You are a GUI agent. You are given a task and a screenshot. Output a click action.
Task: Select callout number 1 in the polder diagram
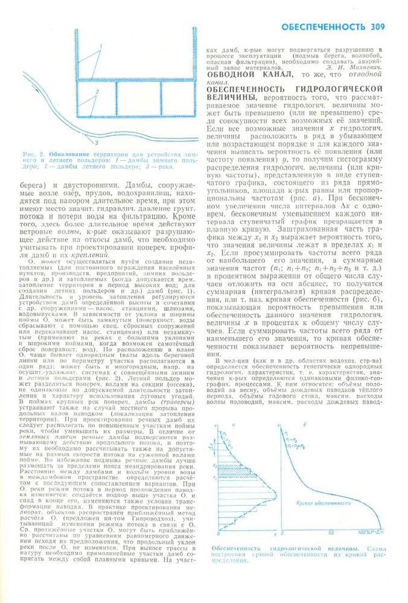pos(102,46)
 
